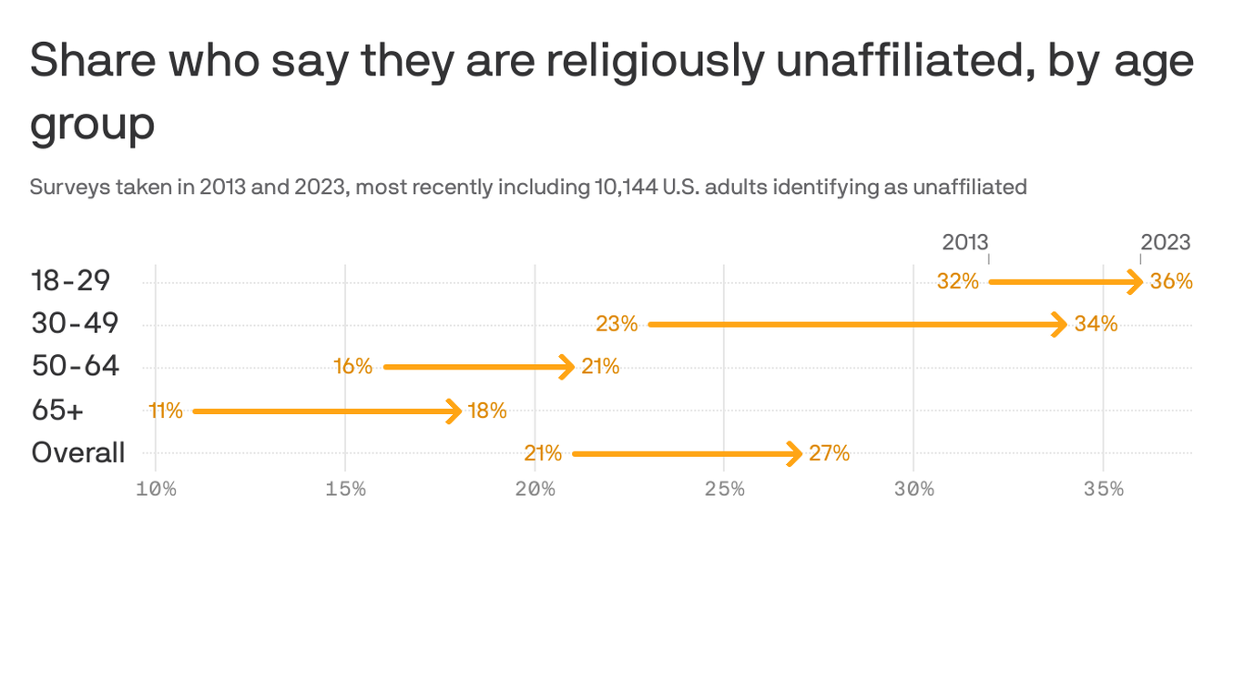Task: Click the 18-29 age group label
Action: pos(71,280)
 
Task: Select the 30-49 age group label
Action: pos(75,323)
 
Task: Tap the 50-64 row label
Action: pos(75,366)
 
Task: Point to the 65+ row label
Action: pos(57,410)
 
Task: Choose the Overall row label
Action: pos(78,452)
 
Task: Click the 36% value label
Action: pos(1171,281)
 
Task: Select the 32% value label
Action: pos(957,281)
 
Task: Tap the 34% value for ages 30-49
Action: pos(1096,324)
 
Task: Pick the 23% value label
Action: pos(617,324)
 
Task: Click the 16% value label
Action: pos(352,367)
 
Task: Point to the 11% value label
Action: pos(166,410)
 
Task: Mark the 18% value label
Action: pos(487,410)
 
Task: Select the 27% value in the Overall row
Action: pos(829,453)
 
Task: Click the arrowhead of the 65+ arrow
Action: pos(454,411)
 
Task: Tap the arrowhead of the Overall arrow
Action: pos(794,453)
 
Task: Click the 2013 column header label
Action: pos(964,242)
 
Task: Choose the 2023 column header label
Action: pos(1165,242)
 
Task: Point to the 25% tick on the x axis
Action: pos(724,489)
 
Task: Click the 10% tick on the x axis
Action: pos(156,489)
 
